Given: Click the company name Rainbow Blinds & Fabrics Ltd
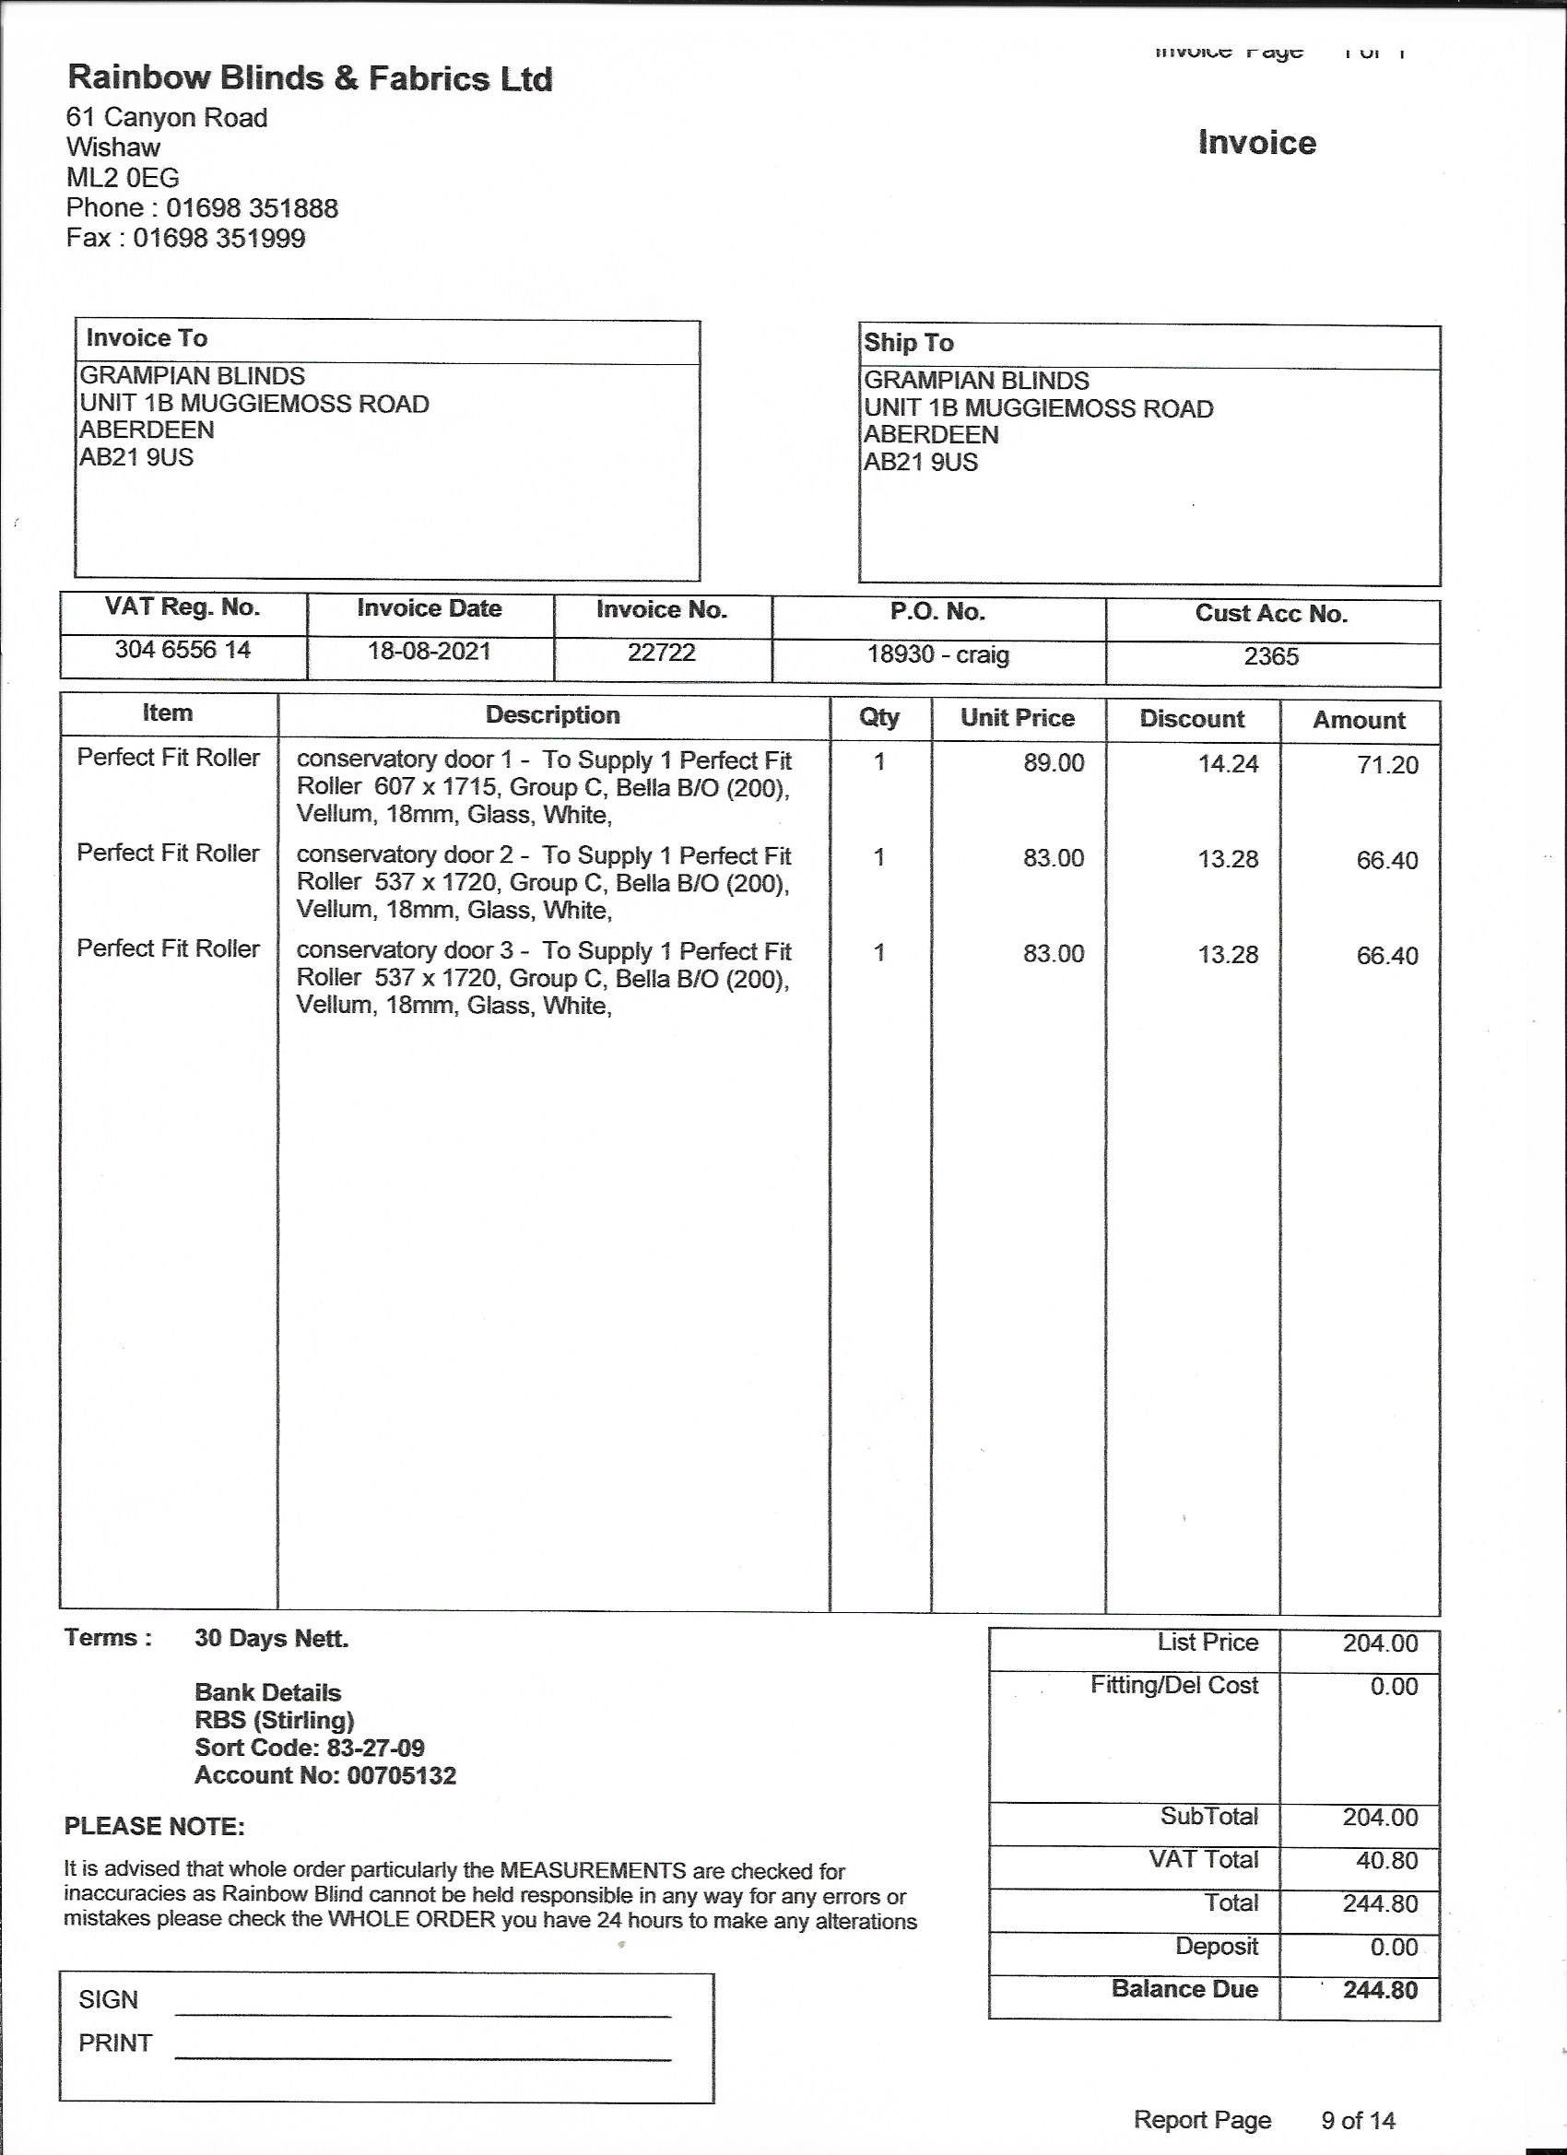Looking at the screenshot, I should pyautogui.click(x=310, y=78).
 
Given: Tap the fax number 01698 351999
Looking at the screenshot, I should pyautogui.click(x=218, y=238).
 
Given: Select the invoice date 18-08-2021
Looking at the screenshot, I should pyautogui.click(x=429, y=652).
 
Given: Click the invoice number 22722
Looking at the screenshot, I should pyautogui.click(x=662, y=653).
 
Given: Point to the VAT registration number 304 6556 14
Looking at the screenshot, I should pyautogui.click(x=183, y=650).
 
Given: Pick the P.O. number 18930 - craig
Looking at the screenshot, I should pyautogui.click(x=938, y=654).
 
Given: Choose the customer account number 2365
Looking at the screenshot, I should pyautogui.click(x=1270, y=656).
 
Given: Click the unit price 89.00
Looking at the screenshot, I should pyautogui.click(x=1053, y=763).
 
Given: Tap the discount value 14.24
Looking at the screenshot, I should pyautogui.click(x=1228, y=764).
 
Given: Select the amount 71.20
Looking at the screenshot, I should pyautogui.click(x=1386, y=765).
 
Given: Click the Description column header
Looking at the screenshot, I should pyautogui.click(x=552, y=715).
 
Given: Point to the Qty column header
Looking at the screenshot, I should pyautogui.click(x=879, y=717).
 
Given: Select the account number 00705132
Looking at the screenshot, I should pyautogui.click(x=401, y=1776).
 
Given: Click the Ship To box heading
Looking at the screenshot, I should pyautogui.click(x=909, y=343).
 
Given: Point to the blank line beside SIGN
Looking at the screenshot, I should pyautogui.click(x=423, y=2015).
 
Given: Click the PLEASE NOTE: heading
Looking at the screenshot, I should pyautogui.click(x=154, y=1827).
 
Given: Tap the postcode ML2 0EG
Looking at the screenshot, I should pyautogui.click(x=123, y=178).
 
